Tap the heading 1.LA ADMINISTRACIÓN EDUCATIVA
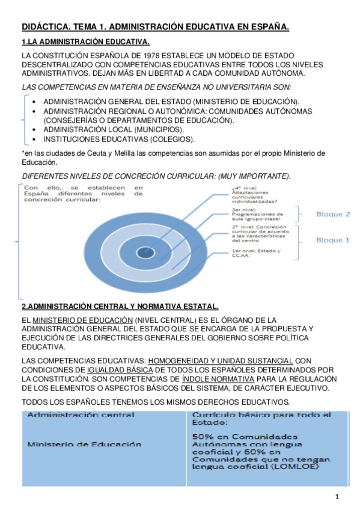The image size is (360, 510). (x=85, y=41)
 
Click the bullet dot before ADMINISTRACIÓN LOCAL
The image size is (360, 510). (x=37, y=129)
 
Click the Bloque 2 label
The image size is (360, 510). (x=333, y=214)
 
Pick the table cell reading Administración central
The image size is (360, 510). (x=81, y=414)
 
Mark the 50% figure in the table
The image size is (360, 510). (x=202, y=437)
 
